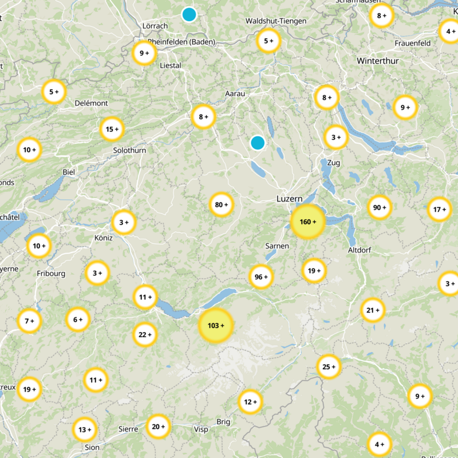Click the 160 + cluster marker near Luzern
pyautogui.click(x=308, y=222)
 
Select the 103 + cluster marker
pyautogui.click(x=215, y=325)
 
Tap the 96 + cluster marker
pyautogui.click(x=261, y=277)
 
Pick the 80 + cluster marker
pyautogui.click(x=222, y=204)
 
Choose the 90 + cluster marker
pyautogui.click(x=378, y=207)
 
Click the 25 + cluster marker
pyautogui.click(x=329, y=366)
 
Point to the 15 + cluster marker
pyautogui.click(x=112, y=129)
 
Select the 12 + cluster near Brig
pyautogui.click(x=250, y=401)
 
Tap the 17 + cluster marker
pyautogui.click(x=440, y=209)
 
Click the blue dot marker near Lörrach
pyautogui.click(x=189, y=14)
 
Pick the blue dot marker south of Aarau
pyautogui.click(x=258, y=143)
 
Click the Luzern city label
pyautogui.click(x=289, y=199)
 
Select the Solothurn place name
pyautogui.click(x=130, y=150)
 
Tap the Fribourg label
pyautogui.click(x=51, y=274)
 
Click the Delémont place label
pyautogui.click(x=91, y=103)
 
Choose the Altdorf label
pyautogui.click(x=360, y=250)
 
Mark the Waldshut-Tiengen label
pyautogui.click(x=275, y=21)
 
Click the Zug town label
pyautogui.click(x=333, y=163)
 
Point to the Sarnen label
pyautogui.click(x=277, y=246)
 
